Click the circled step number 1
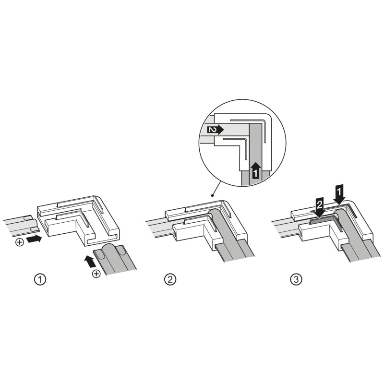[x=40, y=279]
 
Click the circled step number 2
[x=170, y=279]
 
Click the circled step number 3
[x=296, y=279]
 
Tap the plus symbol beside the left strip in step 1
[x=19, y=242]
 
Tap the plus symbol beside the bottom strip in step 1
[x=96, y=273]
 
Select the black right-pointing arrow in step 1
[x=34, y=239]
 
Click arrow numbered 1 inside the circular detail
[x=256, y=170]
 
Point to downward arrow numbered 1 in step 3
[x=339, y=194]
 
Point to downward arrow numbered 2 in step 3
[x=320, y=207]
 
